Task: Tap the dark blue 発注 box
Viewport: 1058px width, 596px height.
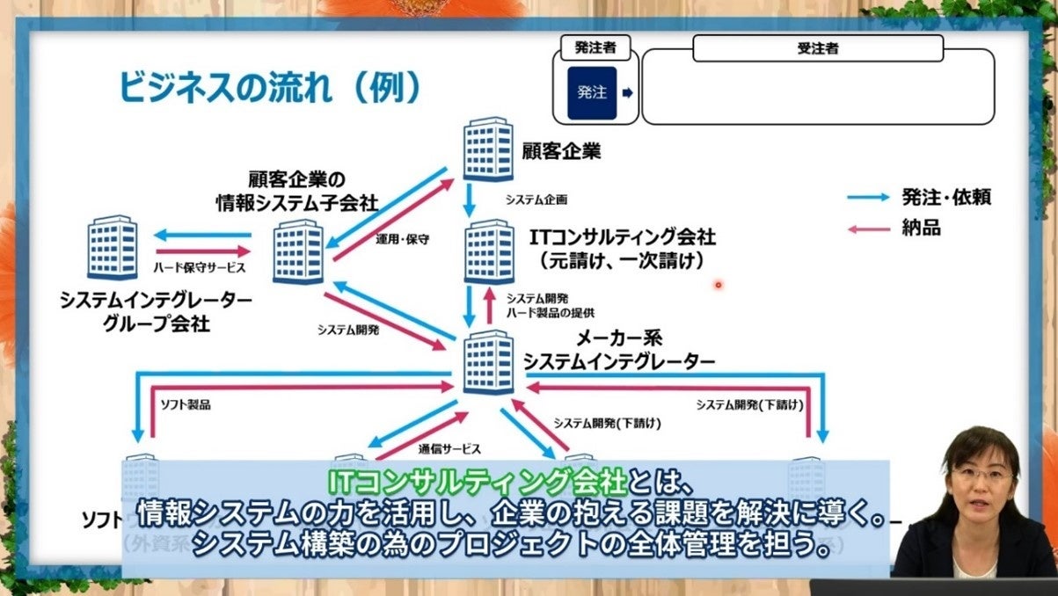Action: point(592,92)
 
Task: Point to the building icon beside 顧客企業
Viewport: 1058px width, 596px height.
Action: point(488,149)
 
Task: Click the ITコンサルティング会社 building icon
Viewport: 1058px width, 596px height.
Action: point(489,252)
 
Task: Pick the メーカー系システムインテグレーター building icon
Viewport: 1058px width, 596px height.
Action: point(487,362)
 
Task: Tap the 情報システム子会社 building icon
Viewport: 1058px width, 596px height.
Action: point(297,252)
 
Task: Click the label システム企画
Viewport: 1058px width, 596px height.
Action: point(535,200)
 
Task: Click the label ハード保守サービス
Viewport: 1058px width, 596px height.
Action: point(199,267)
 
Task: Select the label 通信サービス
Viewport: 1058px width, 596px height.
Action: point(449,448)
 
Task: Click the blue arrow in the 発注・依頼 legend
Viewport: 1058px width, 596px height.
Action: point(868,198)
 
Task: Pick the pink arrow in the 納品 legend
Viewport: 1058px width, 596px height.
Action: point(868,229)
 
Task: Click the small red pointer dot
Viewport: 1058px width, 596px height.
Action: point(719,285)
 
